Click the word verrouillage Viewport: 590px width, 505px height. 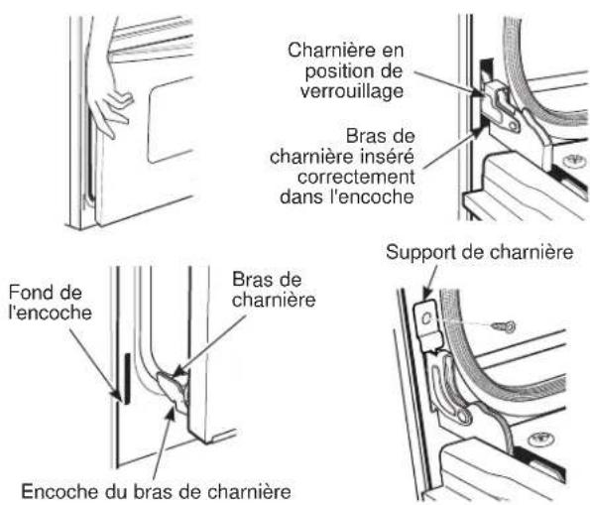click(352, 91)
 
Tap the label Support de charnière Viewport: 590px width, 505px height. click(479, 252)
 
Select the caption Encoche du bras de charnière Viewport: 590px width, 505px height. click(156, 491)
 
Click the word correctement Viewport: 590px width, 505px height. click(356, 177)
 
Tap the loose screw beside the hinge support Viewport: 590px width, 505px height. click(504, 326)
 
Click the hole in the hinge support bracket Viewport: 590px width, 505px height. click(426, 318)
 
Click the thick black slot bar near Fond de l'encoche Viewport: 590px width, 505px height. click(127, 378)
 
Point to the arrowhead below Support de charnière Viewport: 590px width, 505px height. click(426, 294)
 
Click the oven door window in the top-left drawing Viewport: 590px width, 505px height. click(170, 120)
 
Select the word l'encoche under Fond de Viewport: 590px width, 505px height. click(50, 313)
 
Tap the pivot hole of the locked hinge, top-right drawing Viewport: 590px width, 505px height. click(512, 125)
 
